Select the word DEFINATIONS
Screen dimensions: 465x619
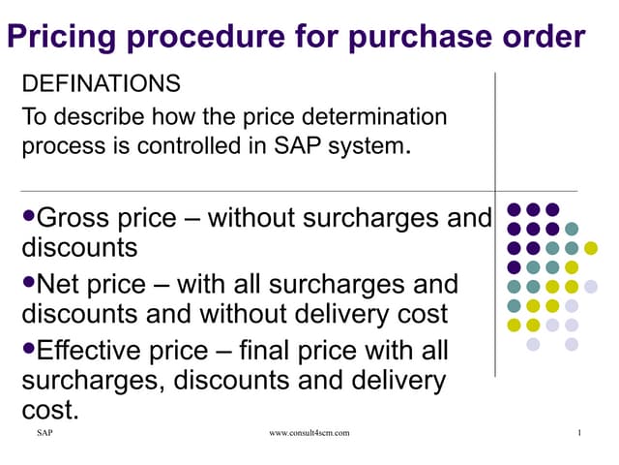[100, 84]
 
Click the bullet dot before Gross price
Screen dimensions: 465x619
[27, 214]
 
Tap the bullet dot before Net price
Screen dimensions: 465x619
[27, 282]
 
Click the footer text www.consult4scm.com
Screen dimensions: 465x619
[309, 432]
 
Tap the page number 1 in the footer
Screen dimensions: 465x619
[577, 432]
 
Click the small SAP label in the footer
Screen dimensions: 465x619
[44, 432]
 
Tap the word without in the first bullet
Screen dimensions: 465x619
[251, 218]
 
